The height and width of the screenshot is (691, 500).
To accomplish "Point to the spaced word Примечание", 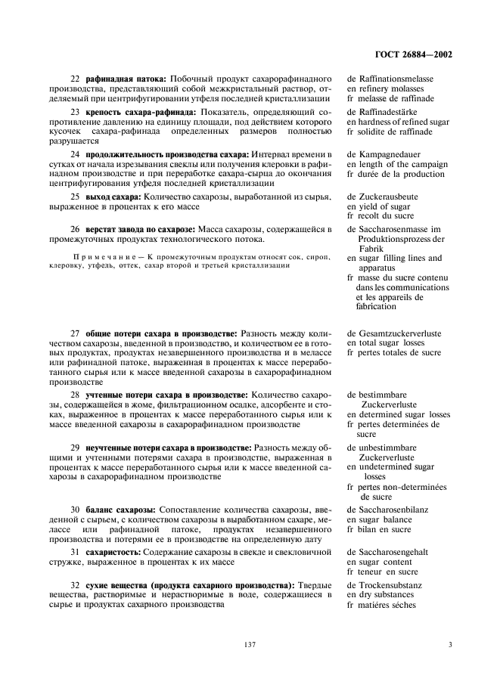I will tap(105, 257).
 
